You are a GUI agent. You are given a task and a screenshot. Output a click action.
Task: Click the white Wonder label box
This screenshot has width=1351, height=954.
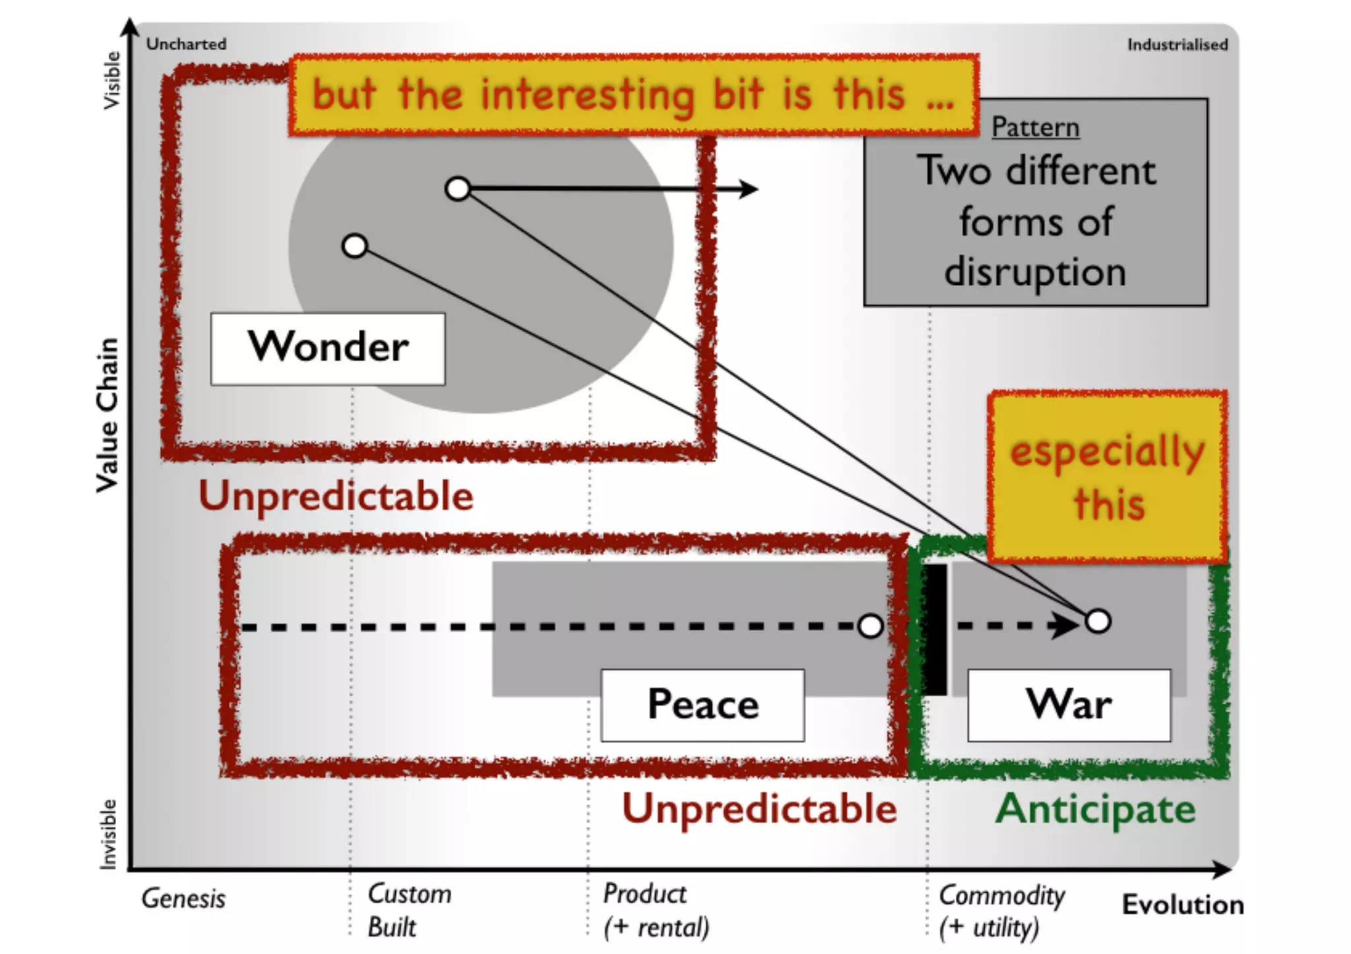(x=328, y=348)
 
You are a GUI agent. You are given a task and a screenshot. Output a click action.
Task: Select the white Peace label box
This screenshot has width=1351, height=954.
(x=703, y=705)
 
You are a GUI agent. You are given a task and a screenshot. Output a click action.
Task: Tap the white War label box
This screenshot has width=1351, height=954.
(x=1069, y=705)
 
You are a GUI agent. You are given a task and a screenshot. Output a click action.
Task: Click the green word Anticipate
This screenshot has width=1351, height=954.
(x=1095, y=809)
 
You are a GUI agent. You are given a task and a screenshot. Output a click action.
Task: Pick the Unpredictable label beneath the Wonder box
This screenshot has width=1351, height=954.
(x=336, y=496)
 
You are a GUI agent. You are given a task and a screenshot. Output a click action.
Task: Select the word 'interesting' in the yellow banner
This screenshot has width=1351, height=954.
(x=587, y=96)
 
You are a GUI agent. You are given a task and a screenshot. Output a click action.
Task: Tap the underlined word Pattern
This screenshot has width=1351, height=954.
(x=1035, y=127)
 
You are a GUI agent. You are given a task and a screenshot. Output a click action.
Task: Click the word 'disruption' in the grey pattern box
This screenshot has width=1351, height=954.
(x=1035, y=272)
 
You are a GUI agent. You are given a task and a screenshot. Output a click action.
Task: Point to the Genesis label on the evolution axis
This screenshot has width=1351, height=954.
(x=183, y=899)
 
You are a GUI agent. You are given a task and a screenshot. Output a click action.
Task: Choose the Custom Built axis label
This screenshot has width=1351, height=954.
(x=409, y=910)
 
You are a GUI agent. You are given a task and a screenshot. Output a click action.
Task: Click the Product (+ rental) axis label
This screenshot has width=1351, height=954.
(x=656, y=910)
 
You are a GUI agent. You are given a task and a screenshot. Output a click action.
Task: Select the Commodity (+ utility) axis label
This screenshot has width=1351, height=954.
(x=1001, y=910)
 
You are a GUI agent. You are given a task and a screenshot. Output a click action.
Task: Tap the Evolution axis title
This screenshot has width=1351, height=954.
(x=1183, y=905)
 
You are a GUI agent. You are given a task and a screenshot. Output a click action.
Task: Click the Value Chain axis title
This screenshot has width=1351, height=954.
(x=108, y=415)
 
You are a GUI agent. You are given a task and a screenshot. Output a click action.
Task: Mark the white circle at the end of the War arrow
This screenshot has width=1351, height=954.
(x=1098, y=621)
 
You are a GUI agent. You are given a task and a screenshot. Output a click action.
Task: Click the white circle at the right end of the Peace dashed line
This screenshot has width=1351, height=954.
(x=871, y=626)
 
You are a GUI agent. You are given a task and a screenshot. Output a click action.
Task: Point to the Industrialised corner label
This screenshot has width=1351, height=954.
(x=1177, y=45)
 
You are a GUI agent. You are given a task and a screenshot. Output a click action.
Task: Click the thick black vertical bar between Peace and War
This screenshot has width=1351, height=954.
(x=935, y=629)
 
